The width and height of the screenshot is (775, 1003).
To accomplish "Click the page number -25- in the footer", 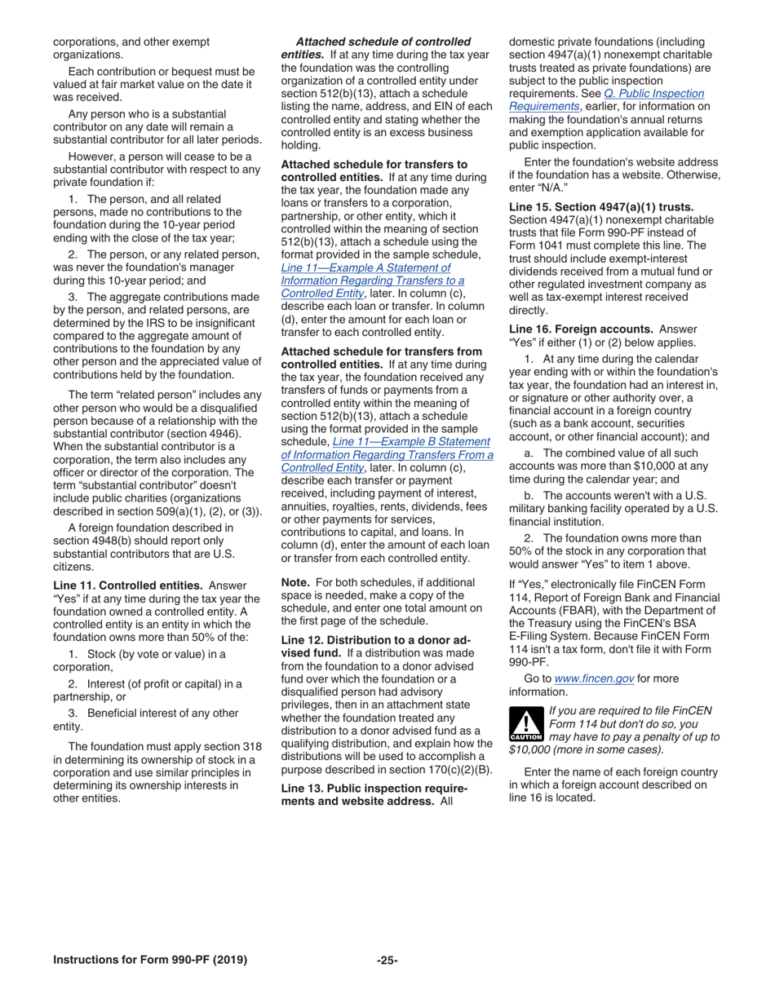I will [387, 960].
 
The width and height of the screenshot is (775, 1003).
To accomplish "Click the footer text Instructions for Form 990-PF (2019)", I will [150, 960].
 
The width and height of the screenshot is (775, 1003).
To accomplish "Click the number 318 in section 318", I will [251, 747].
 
